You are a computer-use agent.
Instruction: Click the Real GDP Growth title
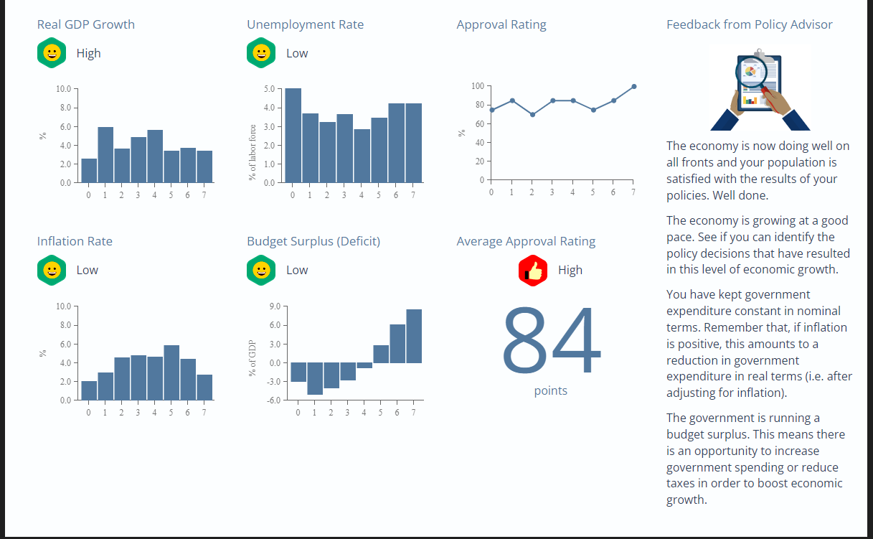tap(85, 24)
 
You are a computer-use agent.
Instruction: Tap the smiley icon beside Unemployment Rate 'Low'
tap(261, 53)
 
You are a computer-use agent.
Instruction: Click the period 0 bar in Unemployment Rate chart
tap(293, 136)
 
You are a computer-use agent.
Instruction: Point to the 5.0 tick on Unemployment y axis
tap(270, 89)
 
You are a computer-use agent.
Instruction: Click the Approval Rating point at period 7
tap(633, 86)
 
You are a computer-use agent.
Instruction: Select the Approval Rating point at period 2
tap(532, 115)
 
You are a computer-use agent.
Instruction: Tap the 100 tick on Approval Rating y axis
tap(477, 86)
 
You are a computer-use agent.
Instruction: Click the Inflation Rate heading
tap(75, 241)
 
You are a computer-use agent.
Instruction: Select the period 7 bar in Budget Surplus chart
tap(414, 336)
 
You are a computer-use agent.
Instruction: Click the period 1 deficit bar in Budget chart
tap(315, 378)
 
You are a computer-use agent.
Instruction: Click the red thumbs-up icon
tap(533, 271)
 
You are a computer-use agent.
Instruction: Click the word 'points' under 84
tap(551, 391)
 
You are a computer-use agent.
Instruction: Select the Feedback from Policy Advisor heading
tap(749, 24)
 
